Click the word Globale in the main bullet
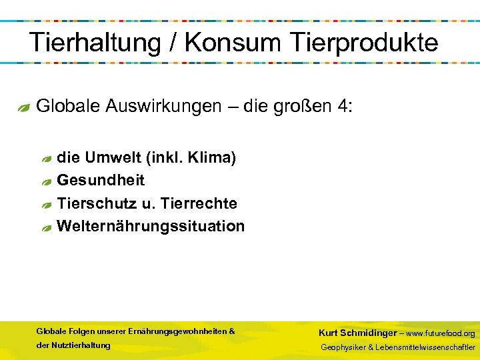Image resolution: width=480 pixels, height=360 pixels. tap(68, 106)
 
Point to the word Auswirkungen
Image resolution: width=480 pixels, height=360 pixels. tap(164, 106)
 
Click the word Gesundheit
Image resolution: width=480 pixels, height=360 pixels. tap(101, 180)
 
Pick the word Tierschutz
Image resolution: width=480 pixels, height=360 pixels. tap(97, 203)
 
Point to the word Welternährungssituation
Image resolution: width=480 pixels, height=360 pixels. tap(151, 226)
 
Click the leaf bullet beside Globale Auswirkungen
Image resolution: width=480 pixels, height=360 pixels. tap(24, 107)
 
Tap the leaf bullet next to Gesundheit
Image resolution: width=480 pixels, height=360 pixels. tap(45, 181)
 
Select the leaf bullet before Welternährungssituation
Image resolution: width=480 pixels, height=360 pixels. tap(45, 227)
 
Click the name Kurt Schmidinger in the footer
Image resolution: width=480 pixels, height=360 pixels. tap(357, 333)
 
